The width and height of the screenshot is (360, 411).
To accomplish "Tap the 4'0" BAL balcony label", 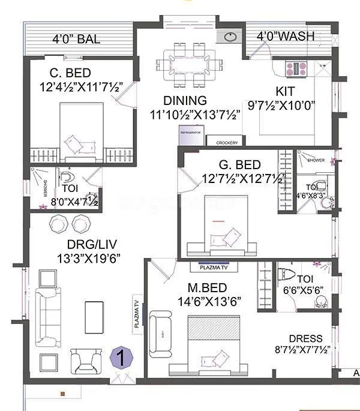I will [77, 40].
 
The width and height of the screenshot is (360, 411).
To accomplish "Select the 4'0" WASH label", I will [285, 36].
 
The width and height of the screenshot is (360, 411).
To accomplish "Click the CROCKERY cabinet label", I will [226, 143].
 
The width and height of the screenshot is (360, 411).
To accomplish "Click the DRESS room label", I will [305, 338].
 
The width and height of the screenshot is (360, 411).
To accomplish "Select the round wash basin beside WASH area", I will [231, 38].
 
